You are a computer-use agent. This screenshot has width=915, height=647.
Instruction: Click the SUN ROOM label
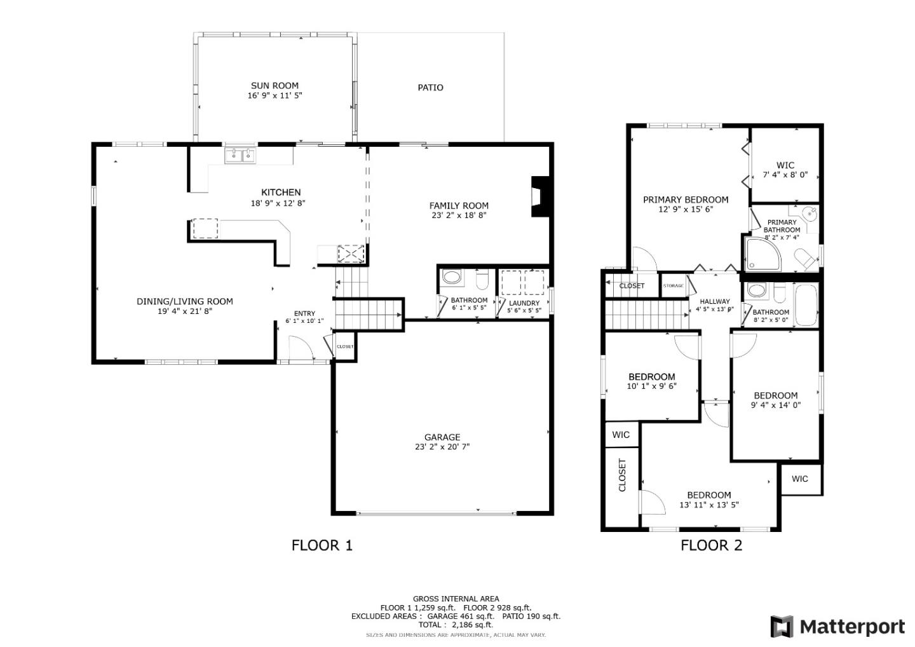(x=274, y=86)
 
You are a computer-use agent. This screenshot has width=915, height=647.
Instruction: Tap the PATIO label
(x=430, y=88)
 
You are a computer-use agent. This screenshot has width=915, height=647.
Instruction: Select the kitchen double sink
(x=240, y=155)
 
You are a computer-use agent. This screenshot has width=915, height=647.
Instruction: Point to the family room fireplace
(x=539, y=196)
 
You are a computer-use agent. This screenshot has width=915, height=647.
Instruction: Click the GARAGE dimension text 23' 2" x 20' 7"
(x=442, y=447)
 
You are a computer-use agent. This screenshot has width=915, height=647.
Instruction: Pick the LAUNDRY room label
(x=524, y=303)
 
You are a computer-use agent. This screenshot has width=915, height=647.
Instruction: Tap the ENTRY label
(x=304, y=313)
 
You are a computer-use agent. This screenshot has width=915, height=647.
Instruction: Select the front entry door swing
(x=300, y=348)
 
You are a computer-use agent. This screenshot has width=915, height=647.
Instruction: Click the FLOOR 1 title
(x=322, y=545)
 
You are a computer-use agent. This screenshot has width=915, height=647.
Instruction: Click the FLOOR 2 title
(x=711, y=545)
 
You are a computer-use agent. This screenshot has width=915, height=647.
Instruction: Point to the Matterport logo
(x=837, y=627)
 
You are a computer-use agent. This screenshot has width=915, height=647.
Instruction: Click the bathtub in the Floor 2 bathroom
(x=806, y=304)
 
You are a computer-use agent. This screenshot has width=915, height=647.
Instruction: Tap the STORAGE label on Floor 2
(x=674, y=286)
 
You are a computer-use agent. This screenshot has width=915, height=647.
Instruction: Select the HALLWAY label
(x=715, y=302)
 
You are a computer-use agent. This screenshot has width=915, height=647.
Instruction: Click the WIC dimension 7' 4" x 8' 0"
(x=785, y=175)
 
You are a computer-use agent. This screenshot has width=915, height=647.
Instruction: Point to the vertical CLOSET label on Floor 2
(x=622, y=475)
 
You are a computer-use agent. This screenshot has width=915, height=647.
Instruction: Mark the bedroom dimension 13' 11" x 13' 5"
(x=708, y=505)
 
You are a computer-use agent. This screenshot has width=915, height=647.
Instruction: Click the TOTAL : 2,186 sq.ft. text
(x=456, y=625)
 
